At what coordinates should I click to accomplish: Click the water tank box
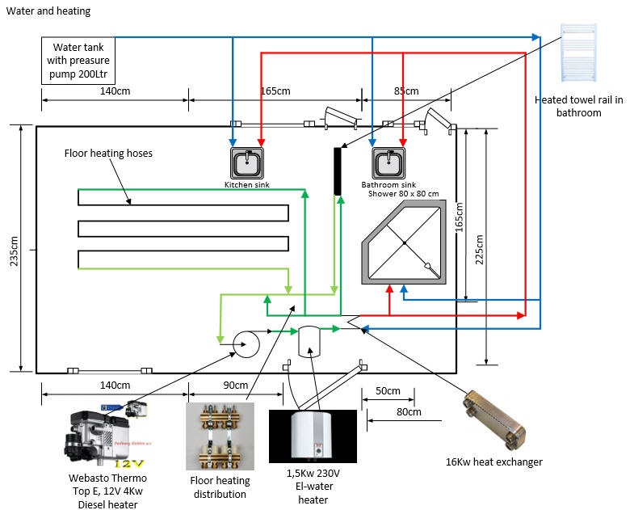coord(78,61)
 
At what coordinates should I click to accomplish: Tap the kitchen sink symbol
coord(247,163)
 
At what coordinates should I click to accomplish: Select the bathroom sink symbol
coord(388,163)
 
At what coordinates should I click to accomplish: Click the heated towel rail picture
coord(578,53)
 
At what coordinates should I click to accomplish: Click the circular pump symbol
coord(246,344)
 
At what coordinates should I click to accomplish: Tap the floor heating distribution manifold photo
coord(220,436)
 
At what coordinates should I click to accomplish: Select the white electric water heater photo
coord(313,436)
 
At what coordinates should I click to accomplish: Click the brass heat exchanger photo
coord(493,420)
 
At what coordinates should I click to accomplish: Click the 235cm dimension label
coord(14,251)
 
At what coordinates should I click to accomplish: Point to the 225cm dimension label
coord(479,250)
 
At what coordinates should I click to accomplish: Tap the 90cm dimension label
coord(236,385)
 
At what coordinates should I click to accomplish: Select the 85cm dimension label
coord(406,91)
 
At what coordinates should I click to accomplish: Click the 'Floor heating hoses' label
coord(108,154)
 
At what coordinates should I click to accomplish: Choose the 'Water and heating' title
coord(48,11)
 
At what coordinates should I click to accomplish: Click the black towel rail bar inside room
coord(338,171)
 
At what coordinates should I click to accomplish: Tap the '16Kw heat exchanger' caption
coord(494,462)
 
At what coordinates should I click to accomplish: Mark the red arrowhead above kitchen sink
coord(261,143)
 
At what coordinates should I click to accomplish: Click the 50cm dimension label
coord(388,390)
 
